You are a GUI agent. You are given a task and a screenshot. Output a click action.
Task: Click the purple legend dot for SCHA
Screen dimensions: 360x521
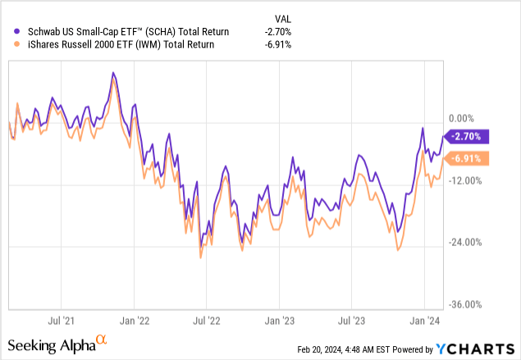(x=9, y=31)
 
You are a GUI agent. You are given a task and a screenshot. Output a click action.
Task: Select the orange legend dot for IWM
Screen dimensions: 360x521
(x=9, y=44)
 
